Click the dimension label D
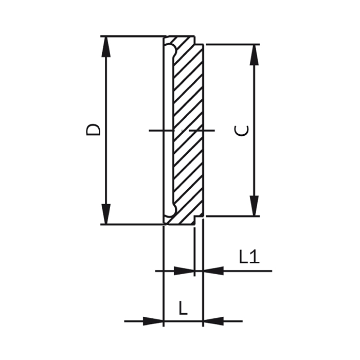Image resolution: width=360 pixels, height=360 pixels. coord(93,130)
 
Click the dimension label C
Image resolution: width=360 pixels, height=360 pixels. coord(241,131)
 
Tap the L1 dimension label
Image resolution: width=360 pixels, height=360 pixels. coord(249,257)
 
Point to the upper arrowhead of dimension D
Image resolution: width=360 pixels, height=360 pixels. coord(106,47)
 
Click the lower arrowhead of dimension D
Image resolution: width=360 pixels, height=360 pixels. coord(106,214)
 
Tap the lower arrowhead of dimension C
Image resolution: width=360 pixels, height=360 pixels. coord(254,206)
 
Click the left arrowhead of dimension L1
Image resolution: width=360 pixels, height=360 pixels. coord(184,271)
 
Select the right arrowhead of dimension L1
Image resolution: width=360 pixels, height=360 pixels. coord(213,271)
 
